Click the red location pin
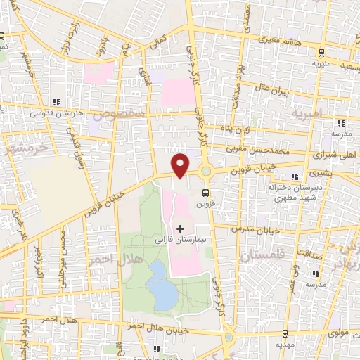point(181,165)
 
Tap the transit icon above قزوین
point(205,193)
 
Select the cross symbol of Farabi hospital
point(181,229)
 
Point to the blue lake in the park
point(162,287)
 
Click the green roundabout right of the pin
point(206,172)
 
